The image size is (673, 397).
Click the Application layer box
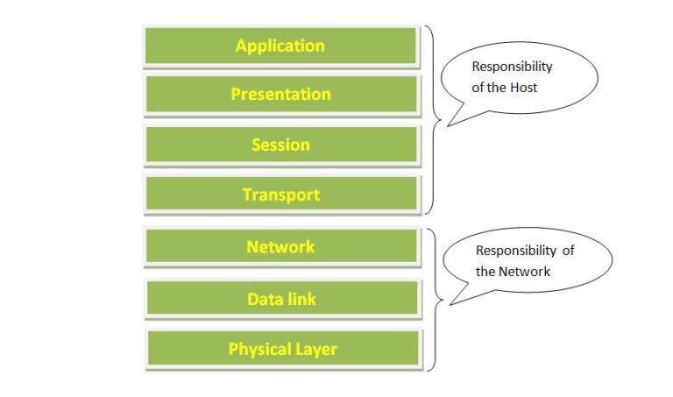tap(280, 46)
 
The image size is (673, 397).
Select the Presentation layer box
tap(280, 95)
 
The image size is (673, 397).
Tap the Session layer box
tap(280, 145)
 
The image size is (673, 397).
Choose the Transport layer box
tap(280, 195)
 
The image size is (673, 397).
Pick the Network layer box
tap(280, 247)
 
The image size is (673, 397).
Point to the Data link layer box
tap(280, 300)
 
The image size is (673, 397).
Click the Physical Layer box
tap(282, 349)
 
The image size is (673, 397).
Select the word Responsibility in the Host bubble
tap(513, 67)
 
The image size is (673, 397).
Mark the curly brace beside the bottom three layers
tap(431, 298)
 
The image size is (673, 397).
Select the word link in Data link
tap(299, 300)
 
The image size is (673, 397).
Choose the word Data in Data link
tap(264, 300)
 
